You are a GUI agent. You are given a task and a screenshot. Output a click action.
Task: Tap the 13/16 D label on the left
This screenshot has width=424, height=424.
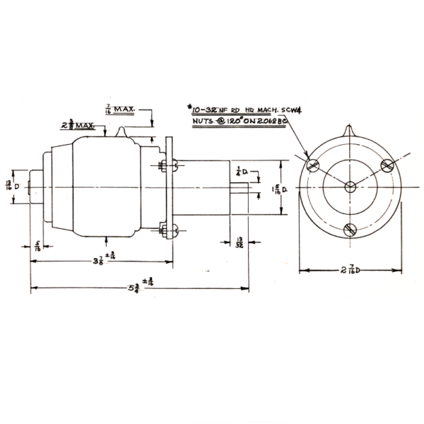[11, 186]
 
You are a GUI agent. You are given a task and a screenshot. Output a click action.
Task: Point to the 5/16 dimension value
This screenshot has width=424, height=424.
[37, 247]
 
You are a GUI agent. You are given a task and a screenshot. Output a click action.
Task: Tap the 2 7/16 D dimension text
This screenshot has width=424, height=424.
[348, 269]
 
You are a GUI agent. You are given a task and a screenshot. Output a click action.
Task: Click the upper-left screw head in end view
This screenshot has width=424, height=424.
[313, 165]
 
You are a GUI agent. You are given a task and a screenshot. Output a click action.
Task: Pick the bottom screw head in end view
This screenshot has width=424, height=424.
[350, 229]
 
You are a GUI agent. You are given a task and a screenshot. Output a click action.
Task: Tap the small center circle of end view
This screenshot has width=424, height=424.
[350, 186]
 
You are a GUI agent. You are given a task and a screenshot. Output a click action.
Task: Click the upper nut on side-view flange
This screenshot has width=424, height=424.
[165, 166]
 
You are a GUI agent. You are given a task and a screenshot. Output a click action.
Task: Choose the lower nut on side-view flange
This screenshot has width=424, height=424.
[165, 228]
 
